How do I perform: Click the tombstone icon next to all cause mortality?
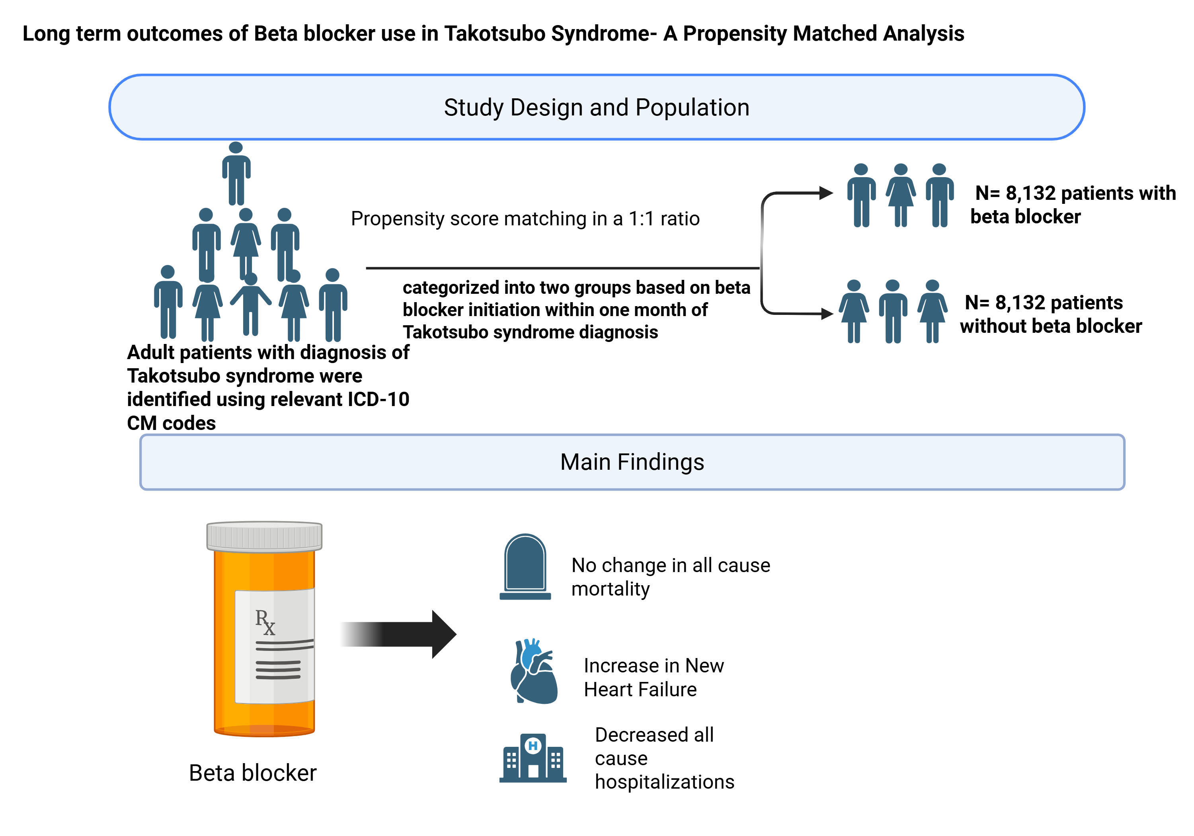click(x=525, y=567)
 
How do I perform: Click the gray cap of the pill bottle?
click(x=264, y=536)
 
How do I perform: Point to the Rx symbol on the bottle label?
click(x=265, y=622)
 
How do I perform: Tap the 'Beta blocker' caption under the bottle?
click(x=252, y=773)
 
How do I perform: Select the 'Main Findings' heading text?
click(x=632, y=462)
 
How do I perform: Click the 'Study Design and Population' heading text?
click(x=597, y=108)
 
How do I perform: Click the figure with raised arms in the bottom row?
click(x=251, y=304)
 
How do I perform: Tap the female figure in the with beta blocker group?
click(x=901, y=195)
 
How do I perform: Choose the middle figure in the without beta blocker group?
click(x=892, y=311)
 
